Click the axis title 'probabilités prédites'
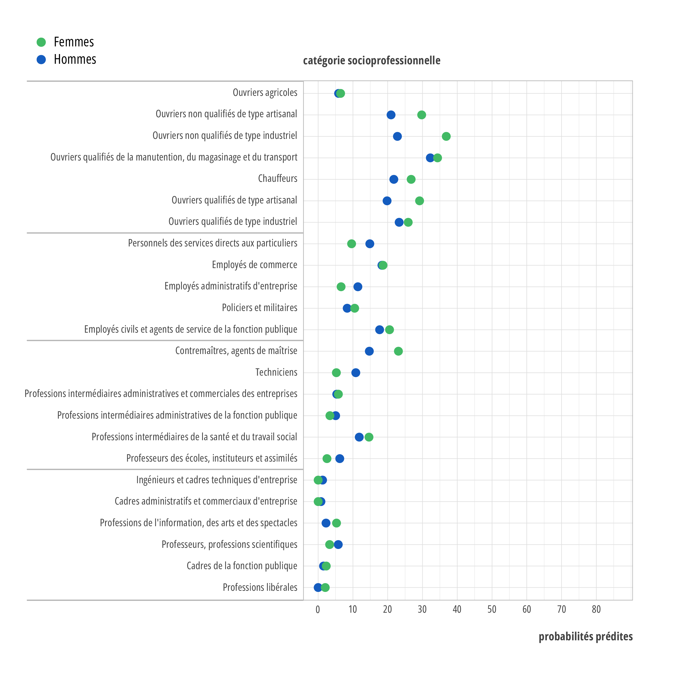585,636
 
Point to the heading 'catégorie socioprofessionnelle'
372,60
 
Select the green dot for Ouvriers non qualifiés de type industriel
446,137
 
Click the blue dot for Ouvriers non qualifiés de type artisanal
391,115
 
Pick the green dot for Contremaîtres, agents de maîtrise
398,351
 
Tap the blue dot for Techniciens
356,373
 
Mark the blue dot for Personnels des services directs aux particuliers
370,244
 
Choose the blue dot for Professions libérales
318,588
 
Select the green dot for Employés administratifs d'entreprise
341,287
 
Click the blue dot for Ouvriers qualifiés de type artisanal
387,201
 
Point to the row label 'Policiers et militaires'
260,308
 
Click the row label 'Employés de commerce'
254,265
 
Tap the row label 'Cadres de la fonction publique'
242,566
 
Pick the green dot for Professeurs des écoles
327,458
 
